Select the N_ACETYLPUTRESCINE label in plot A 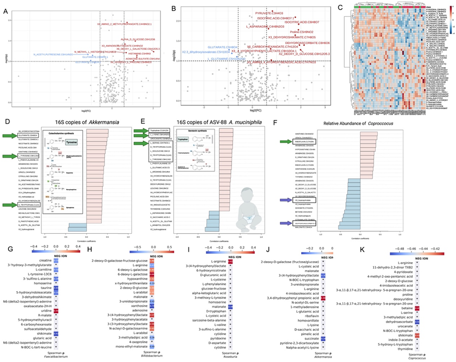coord(52,54)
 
